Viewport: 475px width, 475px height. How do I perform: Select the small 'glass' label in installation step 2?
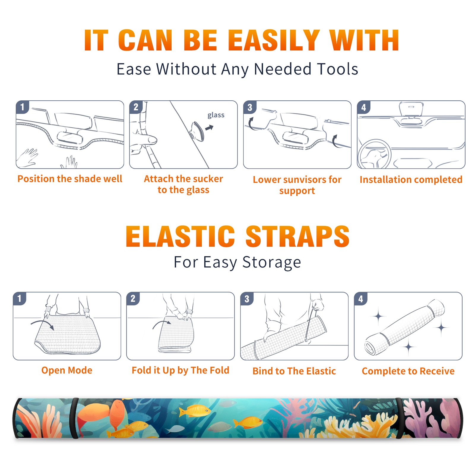(216, 115)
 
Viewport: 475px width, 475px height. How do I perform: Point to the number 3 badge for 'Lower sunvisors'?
(250, 107)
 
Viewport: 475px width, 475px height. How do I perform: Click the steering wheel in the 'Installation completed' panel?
(374, 154)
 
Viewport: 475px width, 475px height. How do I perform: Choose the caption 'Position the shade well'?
(70, 179)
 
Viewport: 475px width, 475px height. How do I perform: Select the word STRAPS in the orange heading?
(297, 236)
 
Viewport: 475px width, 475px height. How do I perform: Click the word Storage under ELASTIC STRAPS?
(272, 262)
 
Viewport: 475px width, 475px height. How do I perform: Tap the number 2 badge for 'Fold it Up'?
(133, 299)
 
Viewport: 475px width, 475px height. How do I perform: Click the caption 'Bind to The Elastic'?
(294, 371)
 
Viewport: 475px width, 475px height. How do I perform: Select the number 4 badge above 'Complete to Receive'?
(360, 299)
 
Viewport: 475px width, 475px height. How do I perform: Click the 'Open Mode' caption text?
(67, 370)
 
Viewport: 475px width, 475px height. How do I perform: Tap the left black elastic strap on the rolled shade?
(74, 418)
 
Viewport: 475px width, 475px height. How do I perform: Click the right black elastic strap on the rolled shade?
(400, 418)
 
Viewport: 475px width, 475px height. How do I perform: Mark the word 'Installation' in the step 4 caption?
(383, 179)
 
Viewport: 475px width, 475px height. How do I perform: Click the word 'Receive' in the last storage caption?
(437, 371)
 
